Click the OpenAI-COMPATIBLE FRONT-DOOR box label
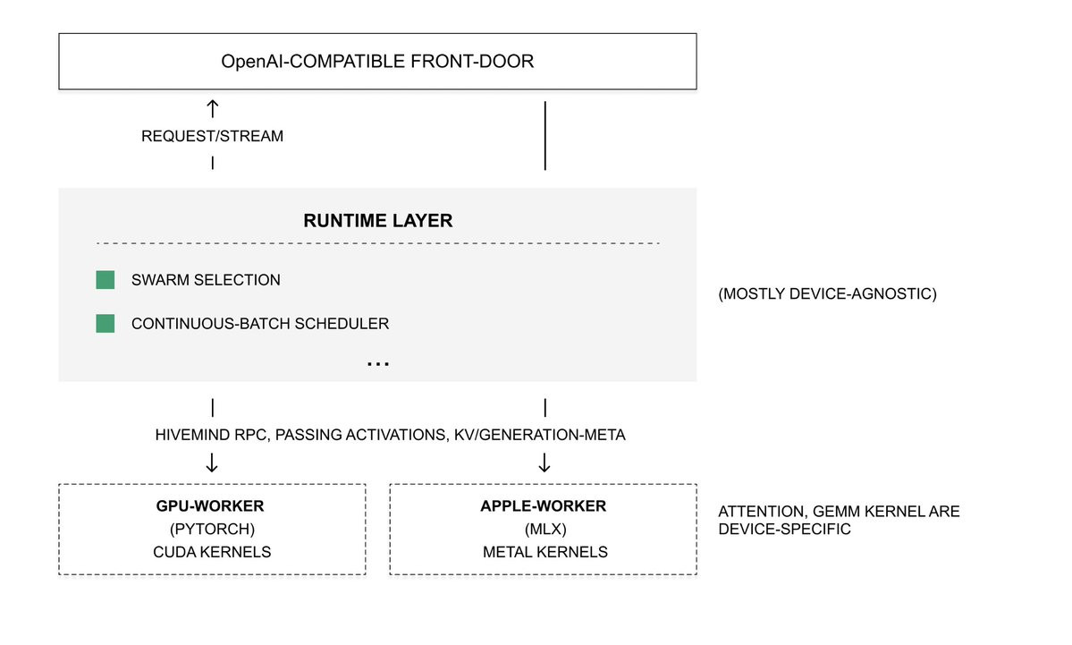(377, 62)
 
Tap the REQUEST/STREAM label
(212, 136)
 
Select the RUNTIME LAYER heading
(378, 220)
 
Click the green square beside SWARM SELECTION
(106, 280)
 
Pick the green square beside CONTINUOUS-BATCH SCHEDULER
(106, 324)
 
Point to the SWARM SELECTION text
(206, 280)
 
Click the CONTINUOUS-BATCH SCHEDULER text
(260, 324)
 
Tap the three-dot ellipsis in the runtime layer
(378, 365)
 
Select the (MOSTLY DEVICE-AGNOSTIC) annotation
(827, 293)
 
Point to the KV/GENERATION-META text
(539, 435)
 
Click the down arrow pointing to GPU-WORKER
(212, 463)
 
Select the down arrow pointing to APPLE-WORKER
(544, 463)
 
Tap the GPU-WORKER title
(210, 506)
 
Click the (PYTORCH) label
(212, 529)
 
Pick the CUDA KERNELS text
(212, 552)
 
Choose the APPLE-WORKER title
(544, 506)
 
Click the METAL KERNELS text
(544, 552)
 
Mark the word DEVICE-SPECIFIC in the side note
(784, 530)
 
